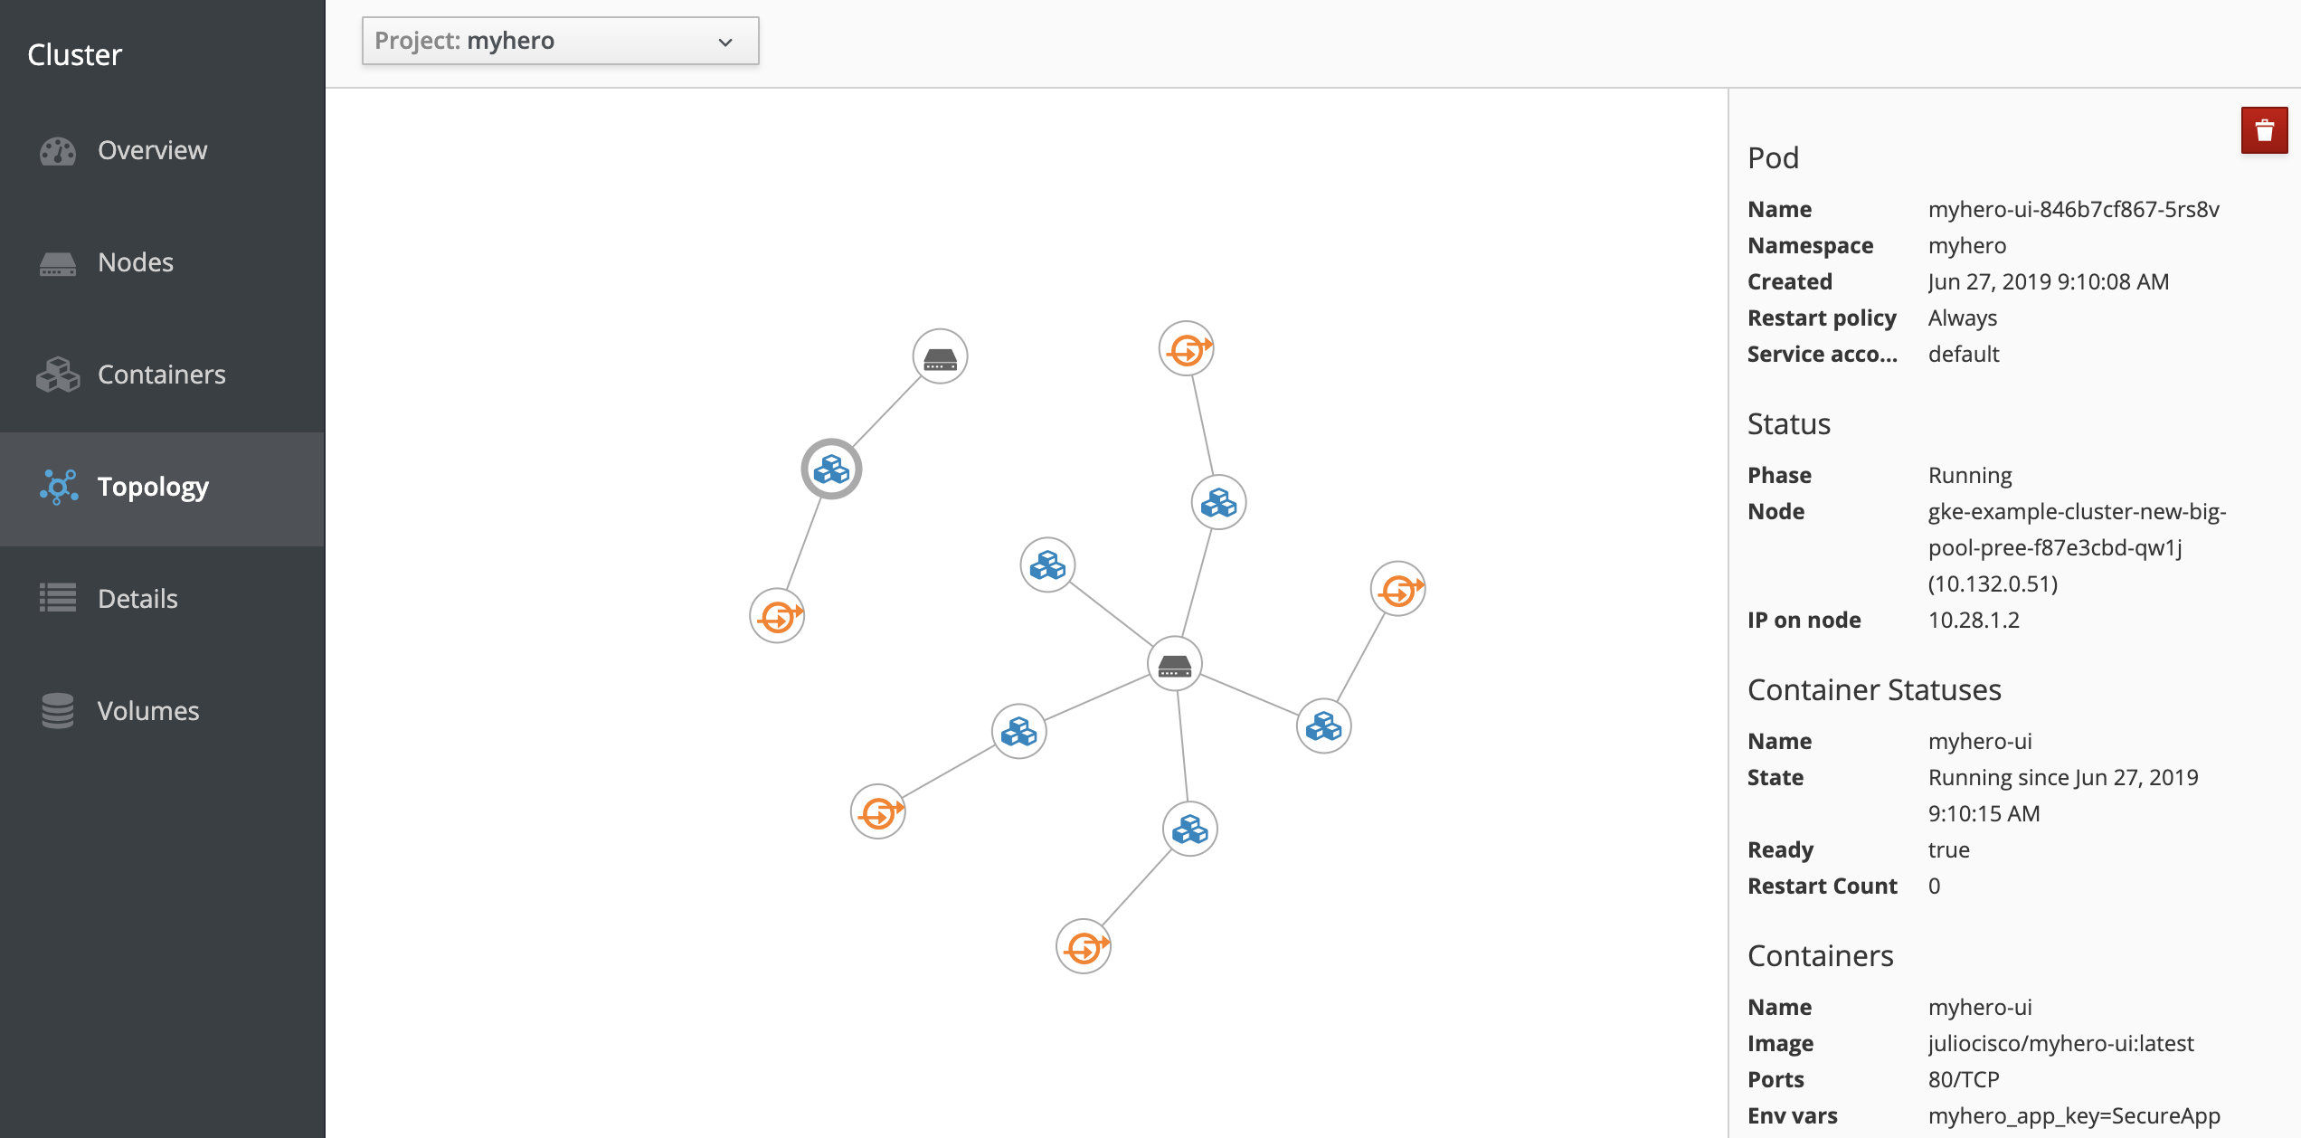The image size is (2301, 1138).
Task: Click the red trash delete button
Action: (2264, 131)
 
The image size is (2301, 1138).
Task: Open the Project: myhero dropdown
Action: (560, 42)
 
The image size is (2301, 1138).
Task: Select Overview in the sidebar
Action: (152, 150)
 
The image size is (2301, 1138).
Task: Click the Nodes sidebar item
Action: (136, 262)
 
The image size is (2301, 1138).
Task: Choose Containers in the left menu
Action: (161, 375)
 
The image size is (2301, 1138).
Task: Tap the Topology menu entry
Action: (153, 487)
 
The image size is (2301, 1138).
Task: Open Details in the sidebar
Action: (137, 599)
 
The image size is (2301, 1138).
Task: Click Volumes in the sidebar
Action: (148, 711)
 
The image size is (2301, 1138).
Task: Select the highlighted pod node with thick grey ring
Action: (831, 469)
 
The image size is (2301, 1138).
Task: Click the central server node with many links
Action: (1174, 665)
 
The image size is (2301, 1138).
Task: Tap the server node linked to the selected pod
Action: (940, 357)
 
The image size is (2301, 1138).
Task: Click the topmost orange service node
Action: (1186, 349)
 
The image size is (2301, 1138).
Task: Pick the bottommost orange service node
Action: (1083, 947)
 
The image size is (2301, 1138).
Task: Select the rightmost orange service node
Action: (1397, 590)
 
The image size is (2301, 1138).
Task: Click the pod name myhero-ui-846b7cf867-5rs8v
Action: (2073, 210)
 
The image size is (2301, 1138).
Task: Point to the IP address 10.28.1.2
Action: (1974, 621)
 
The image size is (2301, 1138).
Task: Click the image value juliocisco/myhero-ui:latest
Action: (2060, 1044)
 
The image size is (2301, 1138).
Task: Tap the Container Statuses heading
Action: (1874, 690)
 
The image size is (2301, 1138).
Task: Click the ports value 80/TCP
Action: (1964, 1080)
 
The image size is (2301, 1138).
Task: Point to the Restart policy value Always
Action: (1963, 318)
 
